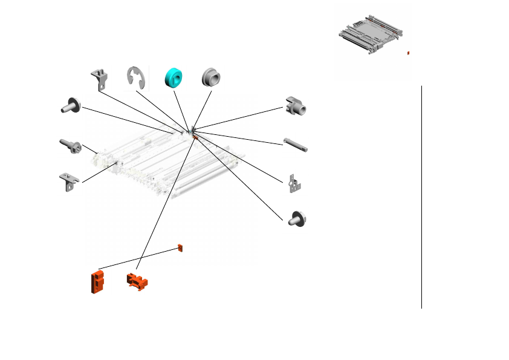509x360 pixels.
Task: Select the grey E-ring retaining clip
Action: [135, 77]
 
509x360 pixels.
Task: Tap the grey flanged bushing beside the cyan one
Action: [212, 77]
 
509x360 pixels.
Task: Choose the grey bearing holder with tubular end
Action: [297, 106]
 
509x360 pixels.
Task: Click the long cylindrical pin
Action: [296, 146]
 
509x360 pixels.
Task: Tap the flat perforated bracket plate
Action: [295, 185]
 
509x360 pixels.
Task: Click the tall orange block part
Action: [96, 282]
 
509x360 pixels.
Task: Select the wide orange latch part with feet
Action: [138, 281]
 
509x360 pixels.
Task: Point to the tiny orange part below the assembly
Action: [180, 248]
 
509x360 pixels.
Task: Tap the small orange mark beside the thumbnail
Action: [408, 53]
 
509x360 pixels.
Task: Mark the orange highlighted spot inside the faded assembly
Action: [195, 137]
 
